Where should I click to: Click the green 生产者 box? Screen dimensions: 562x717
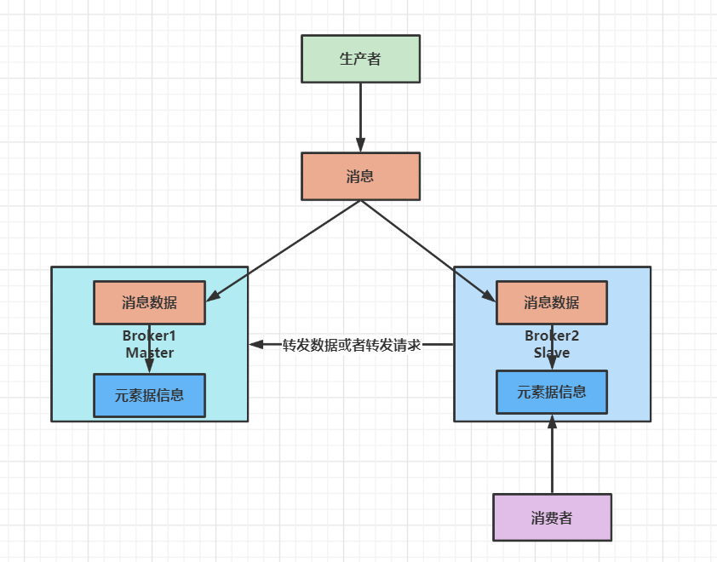(x=360, y=59)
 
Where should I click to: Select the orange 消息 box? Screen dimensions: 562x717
(x=360, y=176)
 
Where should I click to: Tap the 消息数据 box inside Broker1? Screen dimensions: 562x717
(x=149, y=302)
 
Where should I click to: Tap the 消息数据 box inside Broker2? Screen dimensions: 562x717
(x=551, y=302)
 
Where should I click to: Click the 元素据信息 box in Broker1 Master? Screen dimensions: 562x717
(x=149, y=395)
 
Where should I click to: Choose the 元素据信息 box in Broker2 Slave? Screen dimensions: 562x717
(x=551, y=392)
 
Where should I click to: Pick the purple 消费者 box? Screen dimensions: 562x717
(x=552, y=517)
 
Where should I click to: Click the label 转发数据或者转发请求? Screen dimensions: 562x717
(x=352, y=345)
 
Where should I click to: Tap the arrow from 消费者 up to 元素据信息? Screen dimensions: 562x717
(x=552, y=460)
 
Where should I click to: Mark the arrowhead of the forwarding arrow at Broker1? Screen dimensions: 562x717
(x=255, y=345)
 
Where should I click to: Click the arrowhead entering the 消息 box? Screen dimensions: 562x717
(x=360, y=146)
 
